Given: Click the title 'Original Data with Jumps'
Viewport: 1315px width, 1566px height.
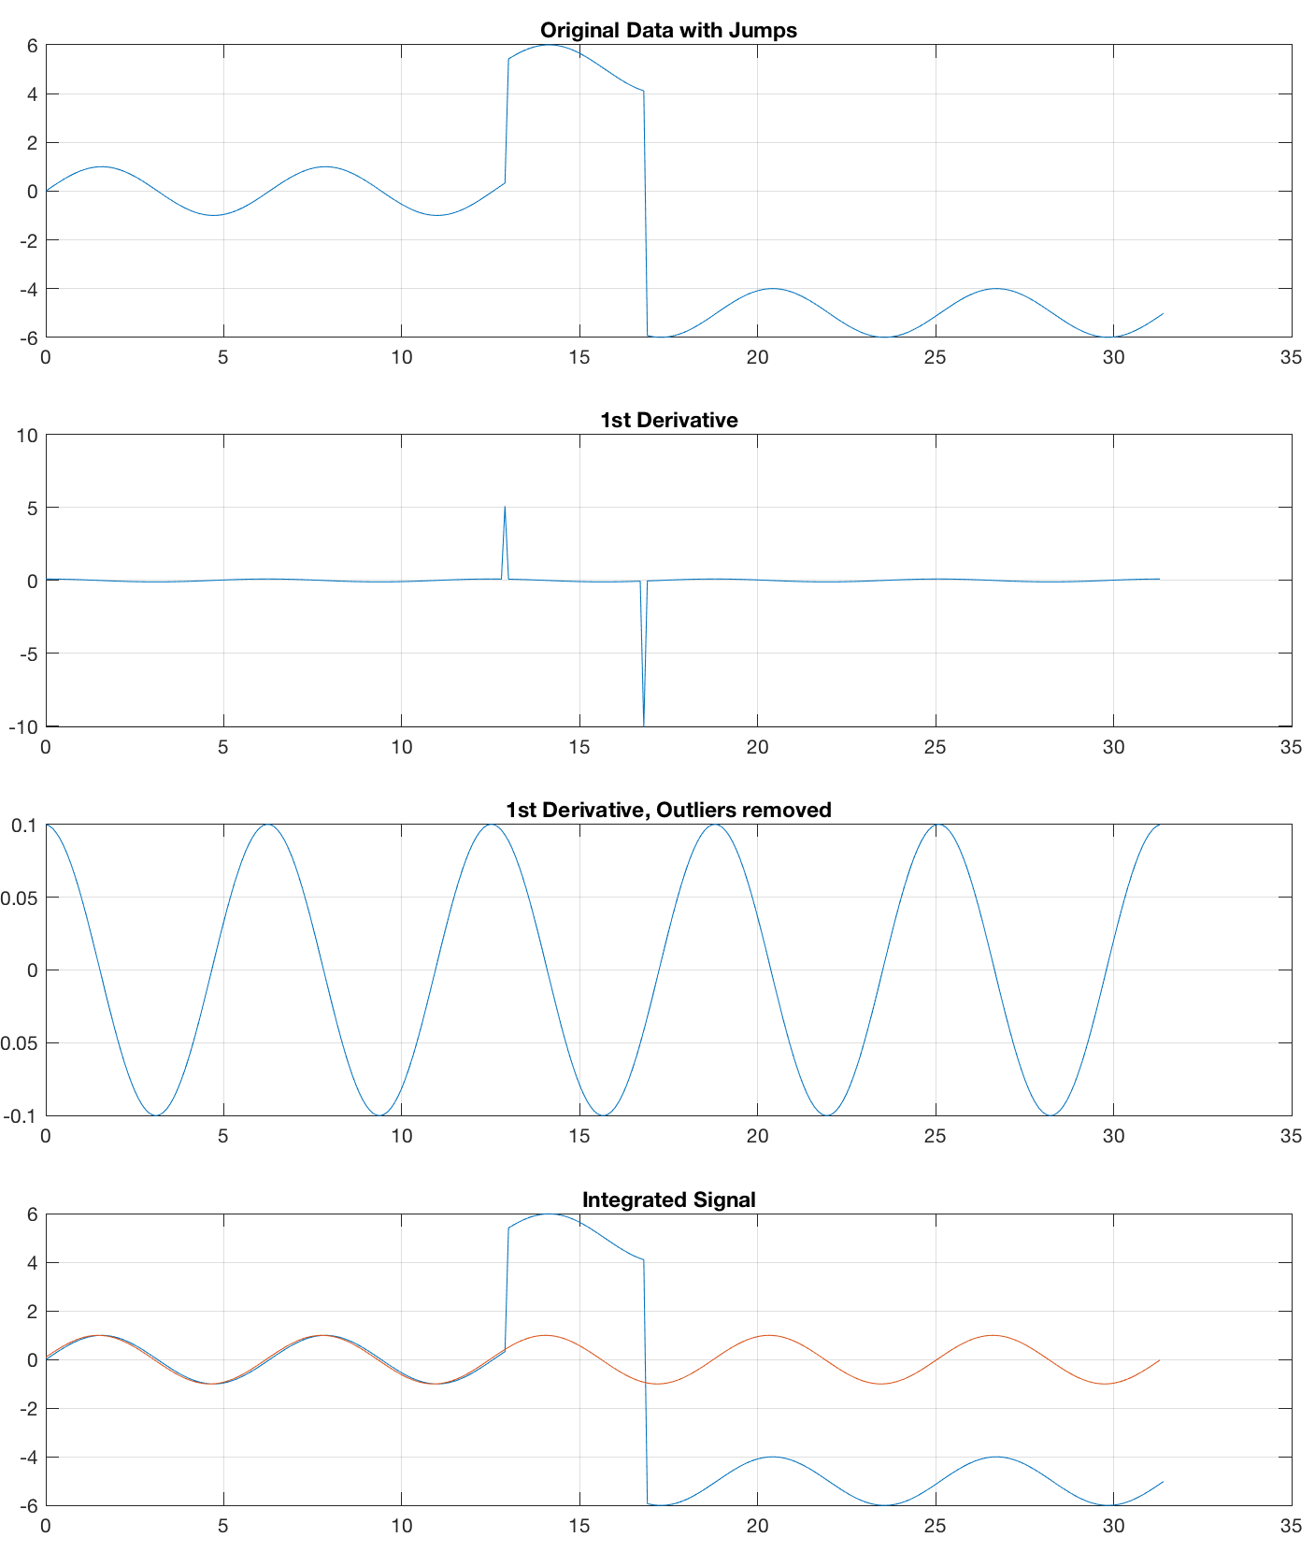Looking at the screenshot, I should point(668,30).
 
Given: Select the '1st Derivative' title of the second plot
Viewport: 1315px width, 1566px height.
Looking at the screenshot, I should point(668,420).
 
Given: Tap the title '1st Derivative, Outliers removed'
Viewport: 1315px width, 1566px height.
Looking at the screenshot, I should point(668,810).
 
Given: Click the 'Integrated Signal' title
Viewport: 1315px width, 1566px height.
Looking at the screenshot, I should point(668,1200).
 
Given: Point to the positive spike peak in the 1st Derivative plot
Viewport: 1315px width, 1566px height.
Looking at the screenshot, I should point(505,508).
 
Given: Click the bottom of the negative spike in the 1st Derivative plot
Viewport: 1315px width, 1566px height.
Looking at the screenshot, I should point(644,724).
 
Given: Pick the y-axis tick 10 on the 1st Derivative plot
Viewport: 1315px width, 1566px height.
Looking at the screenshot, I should point(27,435).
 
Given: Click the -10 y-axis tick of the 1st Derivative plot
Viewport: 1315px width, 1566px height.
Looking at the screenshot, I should point(23,726).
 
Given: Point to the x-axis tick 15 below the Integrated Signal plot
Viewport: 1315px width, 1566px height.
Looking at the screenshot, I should point(579,1526).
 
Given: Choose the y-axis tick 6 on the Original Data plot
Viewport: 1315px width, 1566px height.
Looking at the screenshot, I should point(32,45).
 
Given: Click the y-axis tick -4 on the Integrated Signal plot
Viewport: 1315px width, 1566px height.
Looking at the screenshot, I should point(27,1457).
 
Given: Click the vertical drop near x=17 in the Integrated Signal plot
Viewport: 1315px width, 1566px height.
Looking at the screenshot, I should point(645,1384).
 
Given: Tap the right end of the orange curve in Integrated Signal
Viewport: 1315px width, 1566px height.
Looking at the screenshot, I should point(1159,1360).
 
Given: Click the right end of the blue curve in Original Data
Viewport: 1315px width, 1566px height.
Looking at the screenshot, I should point(1163,314).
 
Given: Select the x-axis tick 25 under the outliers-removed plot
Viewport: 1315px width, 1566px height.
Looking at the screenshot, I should point(936,1136).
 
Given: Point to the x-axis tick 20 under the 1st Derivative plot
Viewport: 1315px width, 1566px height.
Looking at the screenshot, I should point(757,746).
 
